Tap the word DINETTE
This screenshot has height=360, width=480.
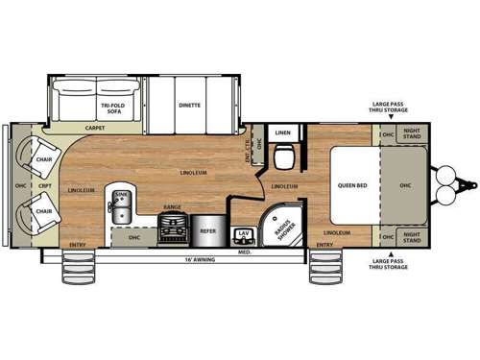[189, 105]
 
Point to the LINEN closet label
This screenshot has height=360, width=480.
[283, 132]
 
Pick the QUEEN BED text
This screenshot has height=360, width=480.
[351, 186]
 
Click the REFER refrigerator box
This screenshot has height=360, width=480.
[207, 229]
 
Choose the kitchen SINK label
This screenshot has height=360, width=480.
[121, 195]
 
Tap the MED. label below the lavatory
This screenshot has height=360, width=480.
[245, 252]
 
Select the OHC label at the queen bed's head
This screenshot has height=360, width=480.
[405, 186]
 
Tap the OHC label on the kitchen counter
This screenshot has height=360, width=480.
[134, 235]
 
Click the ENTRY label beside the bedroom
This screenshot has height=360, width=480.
[324, 245]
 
